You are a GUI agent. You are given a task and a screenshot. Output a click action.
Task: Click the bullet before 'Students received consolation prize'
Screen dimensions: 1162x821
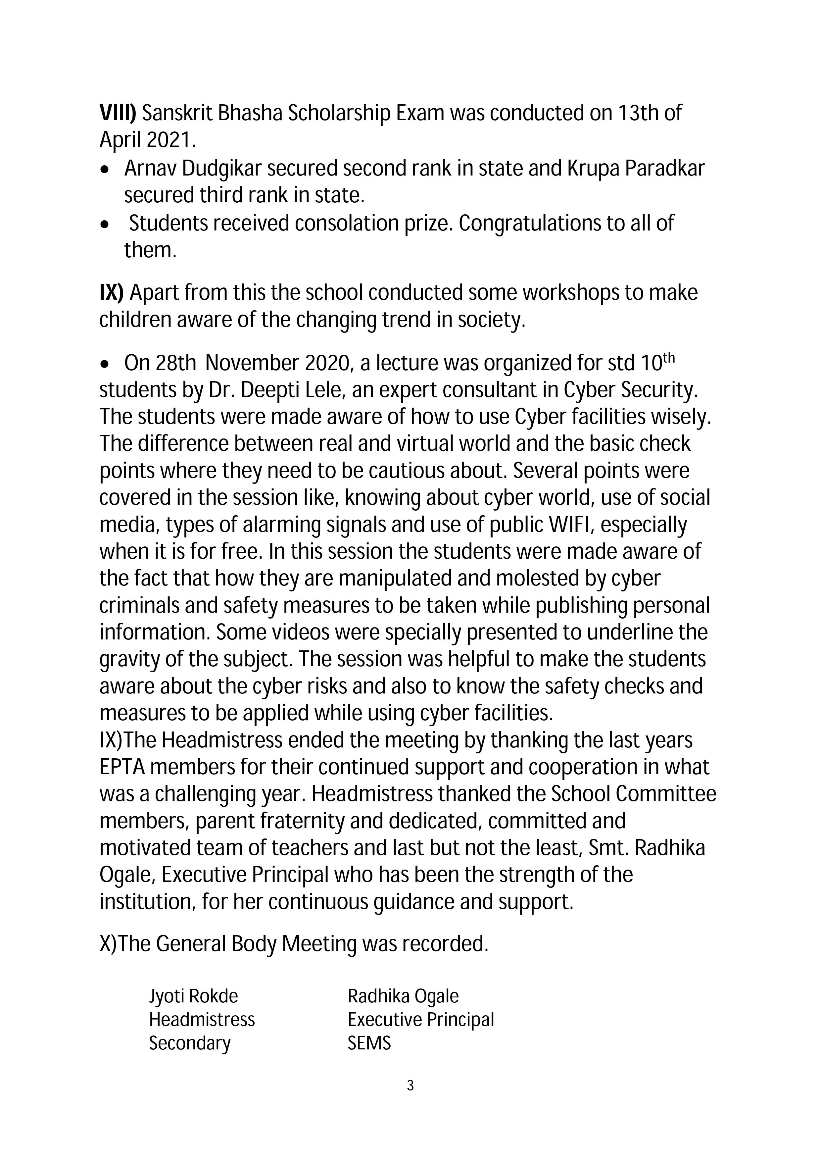click(105, 224)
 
